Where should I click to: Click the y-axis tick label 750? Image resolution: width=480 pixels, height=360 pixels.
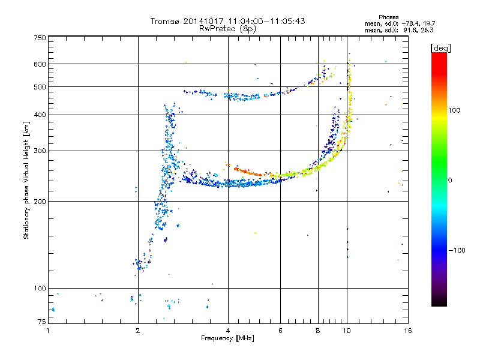(x=40, y=38)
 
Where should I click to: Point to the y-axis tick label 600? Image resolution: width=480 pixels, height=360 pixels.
(x=40, y=64)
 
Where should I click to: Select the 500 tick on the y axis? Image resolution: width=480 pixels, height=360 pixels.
(x=40, y=87)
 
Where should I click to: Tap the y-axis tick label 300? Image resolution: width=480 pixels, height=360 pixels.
(x=40, y=151)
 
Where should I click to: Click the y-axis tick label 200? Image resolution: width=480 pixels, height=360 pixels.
(x=40, y=202)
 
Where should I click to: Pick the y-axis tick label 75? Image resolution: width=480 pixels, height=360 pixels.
(x=42, y=322)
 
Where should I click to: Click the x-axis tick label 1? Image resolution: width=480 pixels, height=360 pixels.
(x=48, y=331)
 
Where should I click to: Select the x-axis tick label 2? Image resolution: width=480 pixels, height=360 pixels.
(x=138, y=331)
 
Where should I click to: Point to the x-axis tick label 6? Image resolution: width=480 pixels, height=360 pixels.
(x=280, y=331)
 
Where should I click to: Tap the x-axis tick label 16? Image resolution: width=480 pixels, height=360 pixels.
(x=408, y=331)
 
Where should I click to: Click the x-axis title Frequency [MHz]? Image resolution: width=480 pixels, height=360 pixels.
(x=228, y=338)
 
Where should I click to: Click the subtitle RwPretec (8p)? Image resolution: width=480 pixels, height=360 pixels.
(x=228, y=29)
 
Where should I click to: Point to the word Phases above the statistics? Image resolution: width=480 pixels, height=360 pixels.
(x=389, y=17)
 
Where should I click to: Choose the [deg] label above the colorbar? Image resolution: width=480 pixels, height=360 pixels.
(x=440, y=49)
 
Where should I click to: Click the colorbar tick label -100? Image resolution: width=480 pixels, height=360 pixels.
(x=457, y=250)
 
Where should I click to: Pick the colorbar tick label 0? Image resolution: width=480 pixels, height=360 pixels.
(x=450, y=181)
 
